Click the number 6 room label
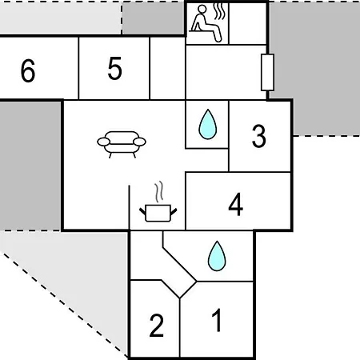[x=28, y=70]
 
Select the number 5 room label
[x=115, y=68]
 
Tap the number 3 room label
[x=259, y=136]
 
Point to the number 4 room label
[x=236, y=204]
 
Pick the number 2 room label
[x=157, y=326]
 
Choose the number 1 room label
[x=217, y=320]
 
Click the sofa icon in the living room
[x=122, y=145]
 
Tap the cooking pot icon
[x=158, y=213]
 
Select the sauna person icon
[x=206, y=23]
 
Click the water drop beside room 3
[x=208, y=124]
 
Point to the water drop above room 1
[x=217, y=256]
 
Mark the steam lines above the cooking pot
[x=159, y=191]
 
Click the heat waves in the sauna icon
[x=220, y=11]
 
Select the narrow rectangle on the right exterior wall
[x=267, y=72]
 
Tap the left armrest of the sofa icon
[x=104, y=142]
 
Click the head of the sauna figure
[x=202, y=9]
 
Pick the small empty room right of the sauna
[x=247, y=23]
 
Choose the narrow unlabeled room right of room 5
[x=167, y=68]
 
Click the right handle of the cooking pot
[x=174, y=212]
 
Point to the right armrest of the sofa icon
[x=139, y=142]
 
